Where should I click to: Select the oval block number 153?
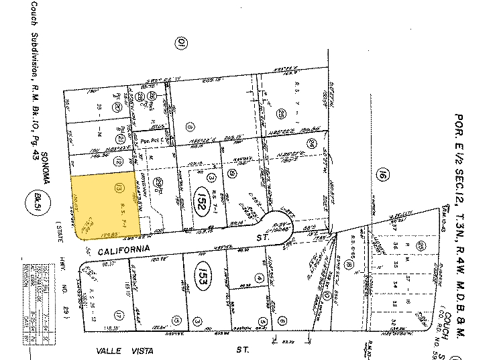coord(201,278)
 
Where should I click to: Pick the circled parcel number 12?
coord(118,162)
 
